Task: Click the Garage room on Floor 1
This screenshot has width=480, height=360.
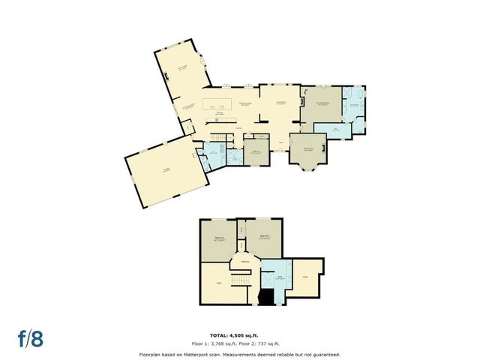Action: (x=166, y=172)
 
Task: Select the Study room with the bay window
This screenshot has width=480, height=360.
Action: (x=307, y=149)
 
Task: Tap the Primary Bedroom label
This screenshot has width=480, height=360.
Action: (x=321, y=103)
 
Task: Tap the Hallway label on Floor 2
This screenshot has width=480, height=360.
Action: (x=245, y=261)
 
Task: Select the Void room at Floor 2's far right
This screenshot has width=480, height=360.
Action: (x=305, y=277)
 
